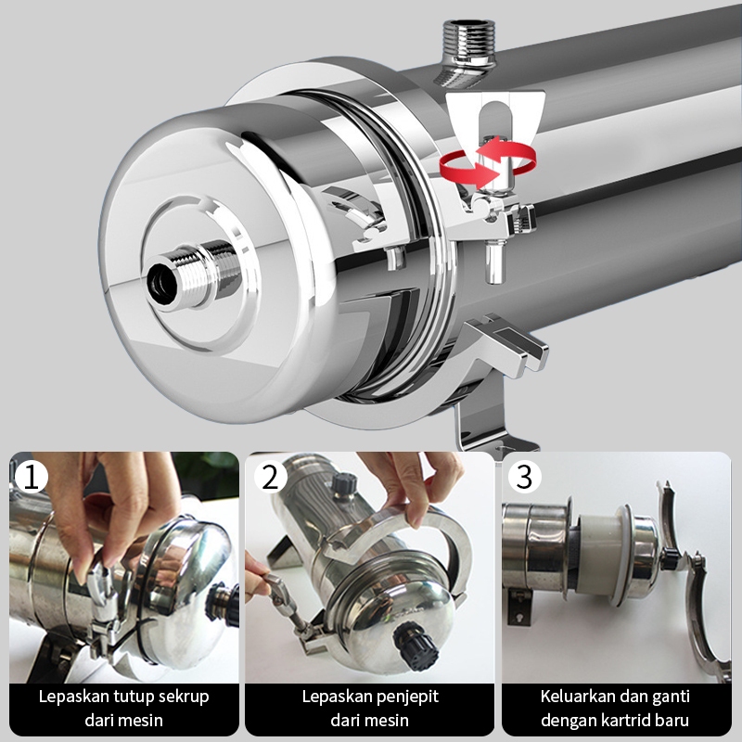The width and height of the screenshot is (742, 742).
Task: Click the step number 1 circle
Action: pos(32,477)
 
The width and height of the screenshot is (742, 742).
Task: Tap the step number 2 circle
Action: pos(271,477)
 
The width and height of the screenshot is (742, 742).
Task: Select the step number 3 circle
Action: pos(524,477)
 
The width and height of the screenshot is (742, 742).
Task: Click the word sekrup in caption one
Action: pos(184,697)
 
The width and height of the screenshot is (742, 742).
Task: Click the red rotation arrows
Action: pos(488,161)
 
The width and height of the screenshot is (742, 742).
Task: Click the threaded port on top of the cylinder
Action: pos(468,52)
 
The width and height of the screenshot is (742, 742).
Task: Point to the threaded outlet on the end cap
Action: pos(193,275)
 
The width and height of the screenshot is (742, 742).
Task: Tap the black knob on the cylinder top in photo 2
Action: pos(343,483)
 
